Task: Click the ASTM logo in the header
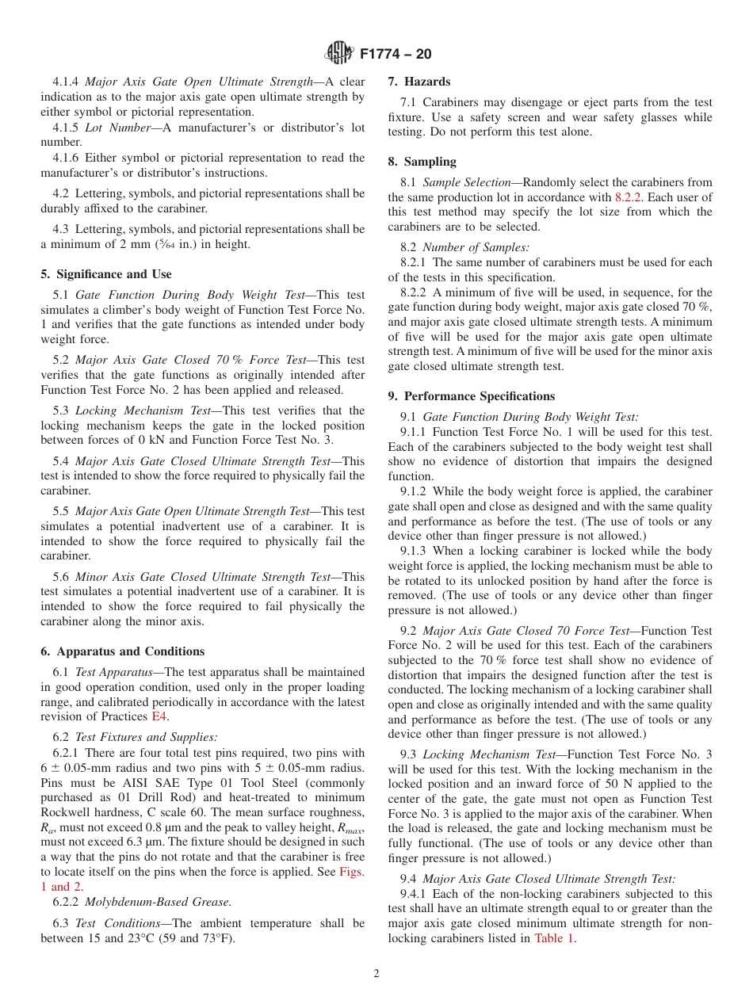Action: coord(339,54)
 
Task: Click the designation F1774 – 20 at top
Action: coord(396,54)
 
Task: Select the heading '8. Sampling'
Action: coord(422,162)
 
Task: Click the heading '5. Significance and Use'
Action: coord(105,274)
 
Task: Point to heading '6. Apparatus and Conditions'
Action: coord(122,651)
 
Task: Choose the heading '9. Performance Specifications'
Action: coord(471,396)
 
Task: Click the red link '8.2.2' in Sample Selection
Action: coord(629,197)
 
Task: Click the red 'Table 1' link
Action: coord(555,939)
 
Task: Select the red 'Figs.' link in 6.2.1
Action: coord(352,872)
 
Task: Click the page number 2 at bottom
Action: coord(376,975)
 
